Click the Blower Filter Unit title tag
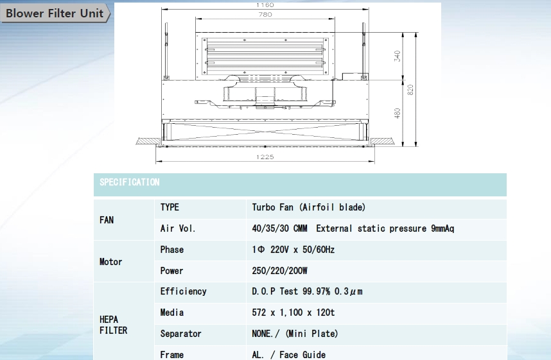pyautogui.click(x=55, y=13)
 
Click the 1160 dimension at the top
pyautogui.click(x=265, y=5)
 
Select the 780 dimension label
pyautogui.click(x=265, y=14)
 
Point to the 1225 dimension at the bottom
pyautogui.click(x=265, y=157)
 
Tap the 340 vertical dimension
pyautogui.click(x=397, y=56)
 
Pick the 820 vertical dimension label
pyautogui.click(x=410, y=90)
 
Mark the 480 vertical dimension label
pyautogui.click(x=397, y=113)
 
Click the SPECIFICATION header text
pyautogui.click(x=129, y=182)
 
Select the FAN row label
pyautogui.click(x=107, y=220)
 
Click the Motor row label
pyautogui.click(x=110, y=262)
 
